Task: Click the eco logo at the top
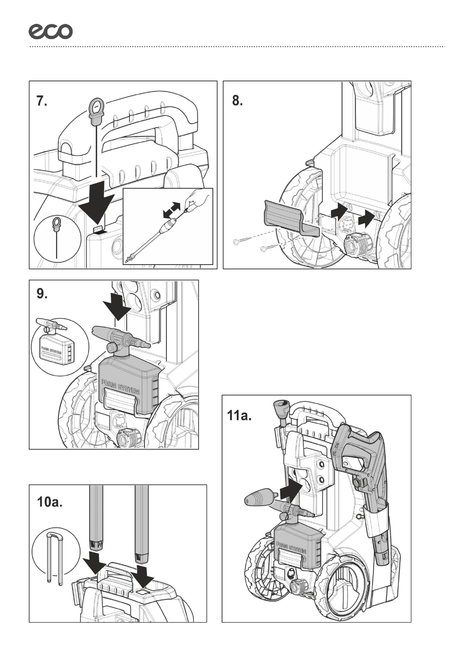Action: [x=50, y=31]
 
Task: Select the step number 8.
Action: [x=237, y=102]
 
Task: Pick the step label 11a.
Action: [x=239, y=417]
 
